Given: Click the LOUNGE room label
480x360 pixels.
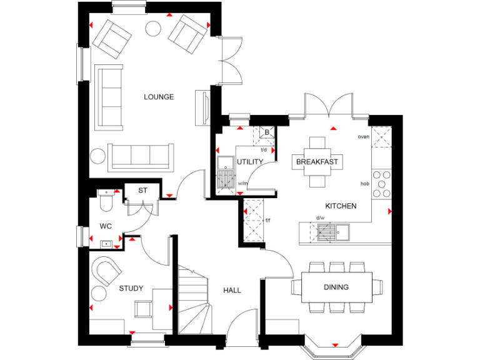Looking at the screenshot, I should click(159, 97).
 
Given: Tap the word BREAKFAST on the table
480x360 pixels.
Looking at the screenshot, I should click(317, 162).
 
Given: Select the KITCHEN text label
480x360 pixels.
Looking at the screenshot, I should click(341, 206).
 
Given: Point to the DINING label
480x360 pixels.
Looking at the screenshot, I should click(336, 287).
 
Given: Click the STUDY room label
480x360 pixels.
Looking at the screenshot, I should click(131, 288).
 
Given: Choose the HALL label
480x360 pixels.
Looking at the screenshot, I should click(232, 290).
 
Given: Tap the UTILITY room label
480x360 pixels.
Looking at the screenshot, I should click(250, 162).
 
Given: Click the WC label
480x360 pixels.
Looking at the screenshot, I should click(105, 226).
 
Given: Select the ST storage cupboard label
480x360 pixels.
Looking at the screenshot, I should click(142, 190).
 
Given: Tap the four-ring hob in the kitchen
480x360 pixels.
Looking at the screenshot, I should click(381, 184).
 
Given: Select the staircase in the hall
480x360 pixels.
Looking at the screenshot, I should click(192, 299).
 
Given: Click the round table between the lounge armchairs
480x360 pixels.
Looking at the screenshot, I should click(152, 27).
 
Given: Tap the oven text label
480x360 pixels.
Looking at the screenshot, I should click(363, 136).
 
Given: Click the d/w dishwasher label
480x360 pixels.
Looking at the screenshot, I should click(320, 217).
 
